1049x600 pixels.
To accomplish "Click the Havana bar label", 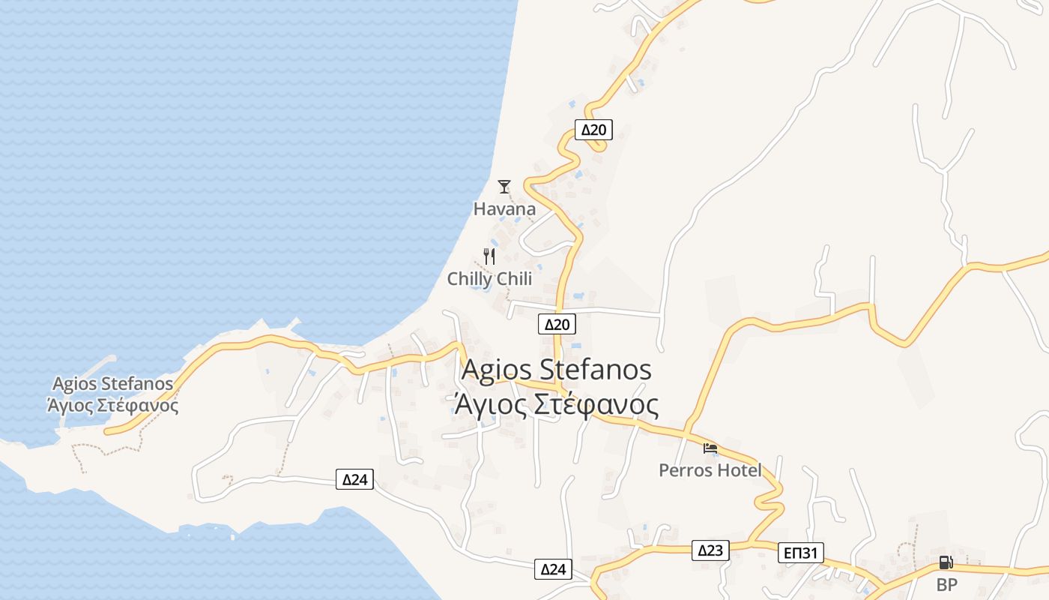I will pos(504,209).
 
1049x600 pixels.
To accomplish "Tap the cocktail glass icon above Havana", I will pos(504,186).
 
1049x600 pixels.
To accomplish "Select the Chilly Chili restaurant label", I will pos(489,279).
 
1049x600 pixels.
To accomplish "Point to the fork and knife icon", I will pos(489,256).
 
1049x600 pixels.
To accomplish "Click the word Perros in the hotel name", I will pos(683,470).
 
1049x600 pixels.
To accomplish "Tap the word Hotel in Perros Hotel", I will pos(737,470).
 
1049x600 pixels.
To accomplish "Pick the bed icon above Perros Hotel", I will pos(710,448).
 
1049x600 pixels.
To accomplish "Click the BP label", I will pos(947,585).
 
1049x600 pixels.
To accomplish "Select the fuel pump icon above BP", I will pos(946,562).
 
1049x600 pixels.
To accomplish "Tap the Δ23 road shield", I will pos(710,550).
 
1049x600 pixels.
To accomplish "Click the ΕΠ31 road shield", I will pos(800,553).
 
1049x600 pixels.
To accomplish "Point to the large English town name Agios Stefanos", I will pos(556,370).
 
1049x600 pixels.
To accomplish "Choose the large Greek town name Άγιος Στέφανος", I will pos(556,405).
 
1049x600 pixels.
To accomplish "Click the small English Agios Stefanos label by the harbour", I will pos(111,384).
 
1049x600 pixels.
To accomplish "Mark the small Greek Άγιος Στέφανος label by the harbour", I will pos(112,406).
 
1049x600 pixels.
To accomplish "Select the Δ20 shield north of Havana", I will pos(593,130).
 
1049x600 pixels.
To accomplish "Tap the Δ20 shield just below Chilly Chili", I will pos(557,324).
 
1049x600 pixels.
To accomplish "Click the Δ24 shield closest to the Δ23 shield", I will pos(553,569).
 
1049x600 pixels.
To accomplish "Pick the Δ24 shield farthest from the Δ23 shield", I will pos(354,479).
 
